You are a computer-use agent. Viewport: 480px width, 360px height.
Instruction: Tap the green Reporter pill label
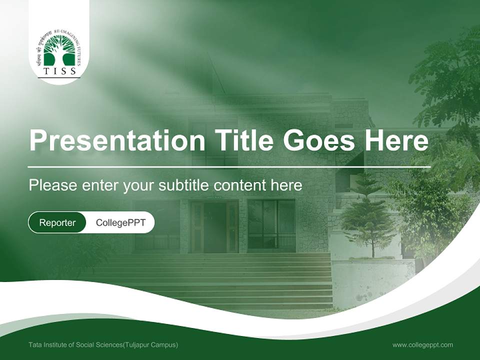coord(57,222)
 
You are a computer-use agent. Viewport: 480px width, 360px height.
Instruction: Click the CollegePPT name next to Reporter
coord(120,222)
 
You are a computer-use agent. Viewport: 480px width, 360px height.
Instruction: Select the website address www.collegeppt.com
coord(422,345)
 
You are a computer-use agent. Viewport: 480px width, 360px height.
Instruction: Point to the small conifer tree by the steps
coord(368,215)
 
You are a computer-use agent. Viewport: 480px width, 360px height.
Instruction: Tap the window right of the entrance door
coord(271,224)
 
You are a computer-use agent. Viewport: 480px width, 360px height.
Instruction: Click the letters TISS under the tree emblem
coord(59,71)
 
